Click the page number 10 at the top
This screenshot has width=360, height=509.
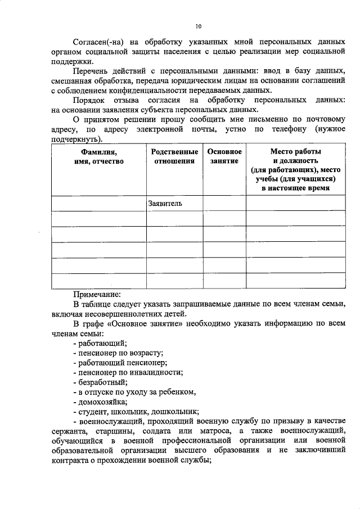click(x=198, y=25)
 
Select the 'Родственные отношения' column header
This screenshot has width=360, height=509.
click(x=174, y=157)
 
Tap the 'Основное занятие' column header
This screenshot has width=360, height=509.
click(x=224, y=157)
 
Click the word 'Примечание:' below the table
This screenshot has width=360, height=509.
click(x=96, y=294)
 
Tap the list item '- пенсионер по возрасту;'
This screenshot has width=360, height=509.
click(x=118, y=353)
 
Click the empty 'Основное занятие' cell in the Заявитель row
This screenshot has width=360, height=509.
click(x=224, y=203)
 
